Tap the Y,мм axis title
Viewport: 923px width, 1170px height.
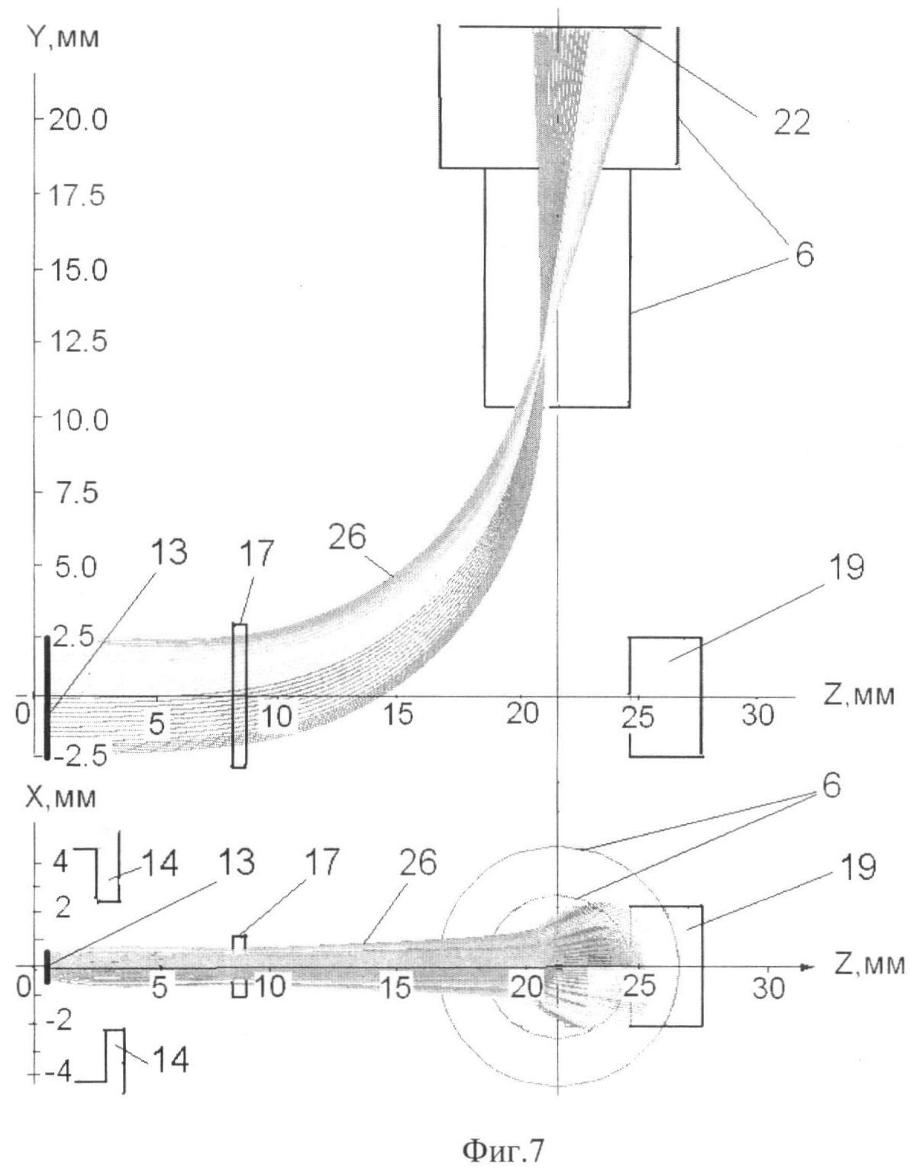pyautogui.click(x=63, y=38)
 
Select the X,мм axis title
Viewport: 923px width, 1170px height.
pyautogui.click(x=61, y=797)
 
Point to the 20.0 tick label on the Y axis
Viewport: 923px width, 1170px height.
pyautogui.click(x=79, y=120)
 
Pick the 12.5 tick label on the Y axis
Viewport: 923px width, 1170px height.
pyautogui.click(x=78, y=342)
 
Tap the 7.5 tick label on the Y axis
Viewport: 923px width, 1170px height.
pyautogui.click(x=77, y=493)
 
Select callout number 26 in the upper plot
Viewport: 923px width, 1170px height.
pyautogui.click(x=347, y=537)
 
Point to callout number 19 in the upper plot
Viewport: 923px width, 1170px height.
pyautogui.click(x=845, y=567)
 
